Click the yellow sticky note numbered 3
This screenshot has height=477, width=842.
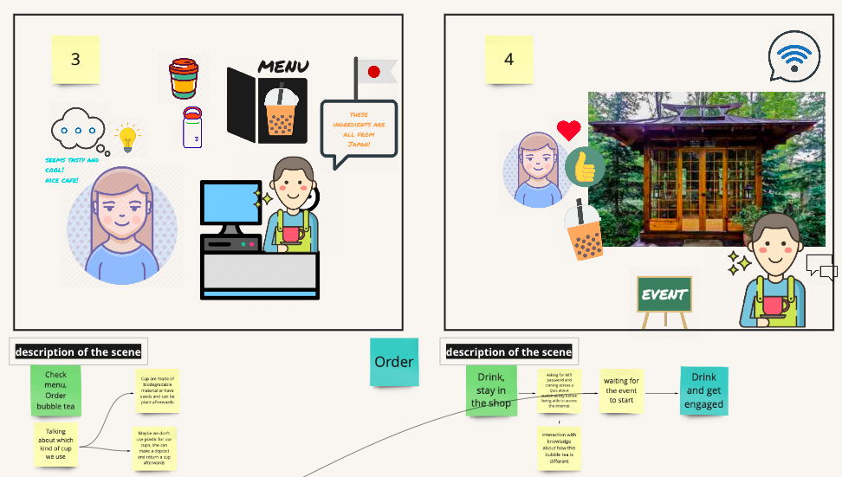(75, 59)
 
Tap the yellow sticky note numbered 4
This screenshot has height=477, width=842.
(508, 59)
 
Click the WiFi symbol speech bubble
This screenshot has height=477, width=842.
(793, 56)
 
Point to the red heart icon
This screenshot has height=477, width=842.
(568, 131)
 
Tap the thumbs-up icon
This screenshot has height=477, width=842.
(586, 167)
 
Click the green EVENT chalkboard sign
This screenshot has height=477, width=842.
(664, 294)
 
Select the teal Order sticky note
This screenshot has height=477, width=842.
(393, 362)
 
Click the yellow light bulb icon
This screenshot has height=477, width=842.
(128, 137)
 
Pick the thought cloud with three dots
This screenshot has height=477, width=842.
(78, 131)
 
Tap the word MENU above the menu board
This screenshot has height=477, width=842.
(283, 67)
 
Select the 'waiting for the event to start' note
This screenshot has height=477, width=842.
(621, 390)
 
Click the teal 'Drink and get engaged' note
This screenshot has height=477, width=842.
(703, 390)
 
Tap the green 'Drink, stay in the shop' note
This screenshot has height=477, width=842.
(490, 390)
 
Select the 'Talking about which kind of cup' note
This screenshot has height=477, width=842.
(55, 443)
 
